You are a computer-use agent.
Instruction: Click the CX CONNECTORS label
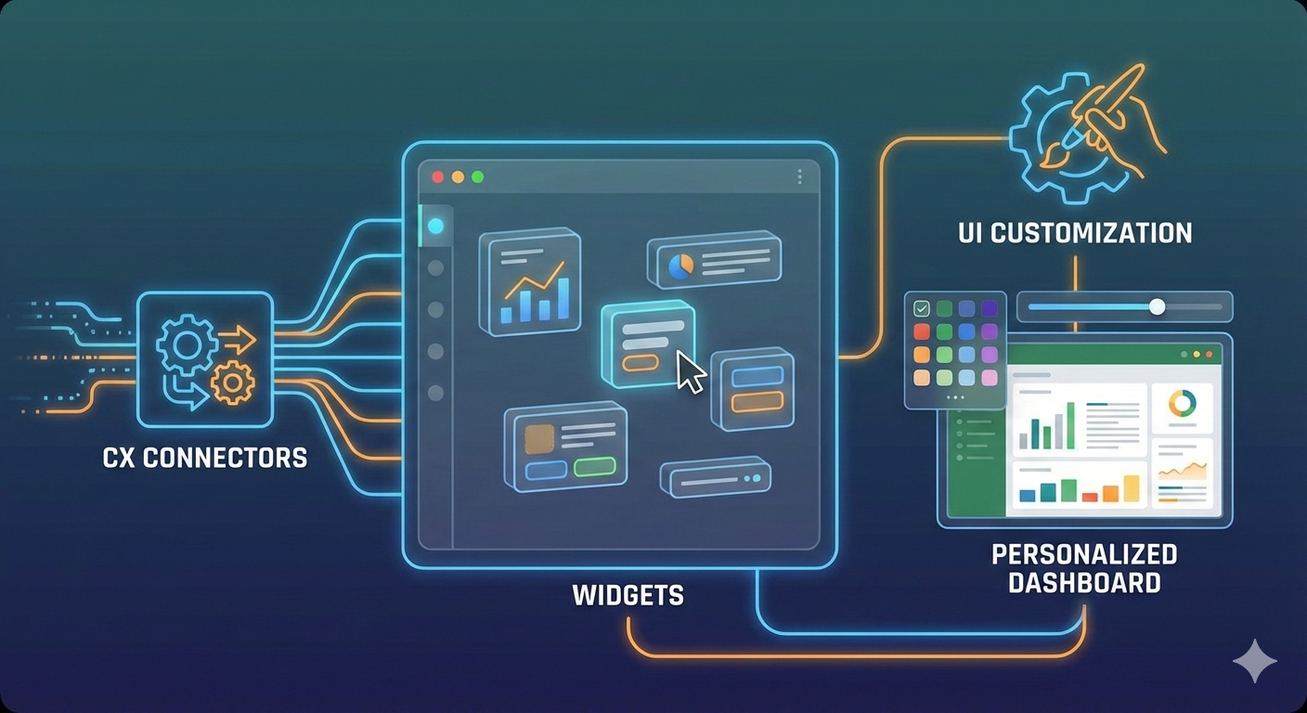click(x=204, y=457)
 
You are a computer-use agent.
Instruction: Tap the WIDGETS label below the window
click(x=628, y=595)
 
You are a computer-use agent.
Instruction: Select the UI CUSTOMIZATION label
click(x=1075, y=232)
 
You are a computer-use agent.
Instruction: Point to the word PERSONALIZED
click(x=1084, y=554)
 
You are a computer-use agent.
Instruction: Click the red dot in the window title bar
click(x=438, y=176)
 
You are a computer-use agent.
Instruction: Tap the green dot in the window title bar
click(x=478, y=176)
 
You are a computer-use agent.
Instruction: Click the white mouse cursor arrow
click(x=690, y=371)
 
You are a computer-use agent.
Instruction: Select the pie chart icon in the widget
click(x=680, y=266)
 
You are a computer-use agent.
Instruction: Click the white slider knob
click(x=1157, y=306)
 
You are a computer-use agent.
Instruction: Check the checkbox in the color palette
click(x=922, y=309)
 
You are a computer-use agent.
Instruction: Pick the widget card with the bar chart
click(x=530, y=279)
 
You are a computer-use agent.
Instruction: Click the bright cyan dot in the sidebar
click(x=435, y=226)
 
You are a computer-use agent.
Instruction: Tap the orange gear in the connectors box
click(x=232, y=382)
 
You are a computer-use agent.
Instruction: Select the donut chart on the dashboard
click(x=1183, y=404)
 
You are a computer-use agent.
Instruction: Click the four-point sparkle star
click(x=1254, y=661)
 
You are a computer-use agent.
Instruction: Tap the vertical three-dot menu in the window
click(x=799, y=176)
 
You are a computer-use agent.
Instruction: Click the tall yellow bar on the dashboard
click(x=1131, y=488)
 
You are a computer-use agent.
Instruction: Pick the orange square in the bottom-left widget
click(x=539, y=439)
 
